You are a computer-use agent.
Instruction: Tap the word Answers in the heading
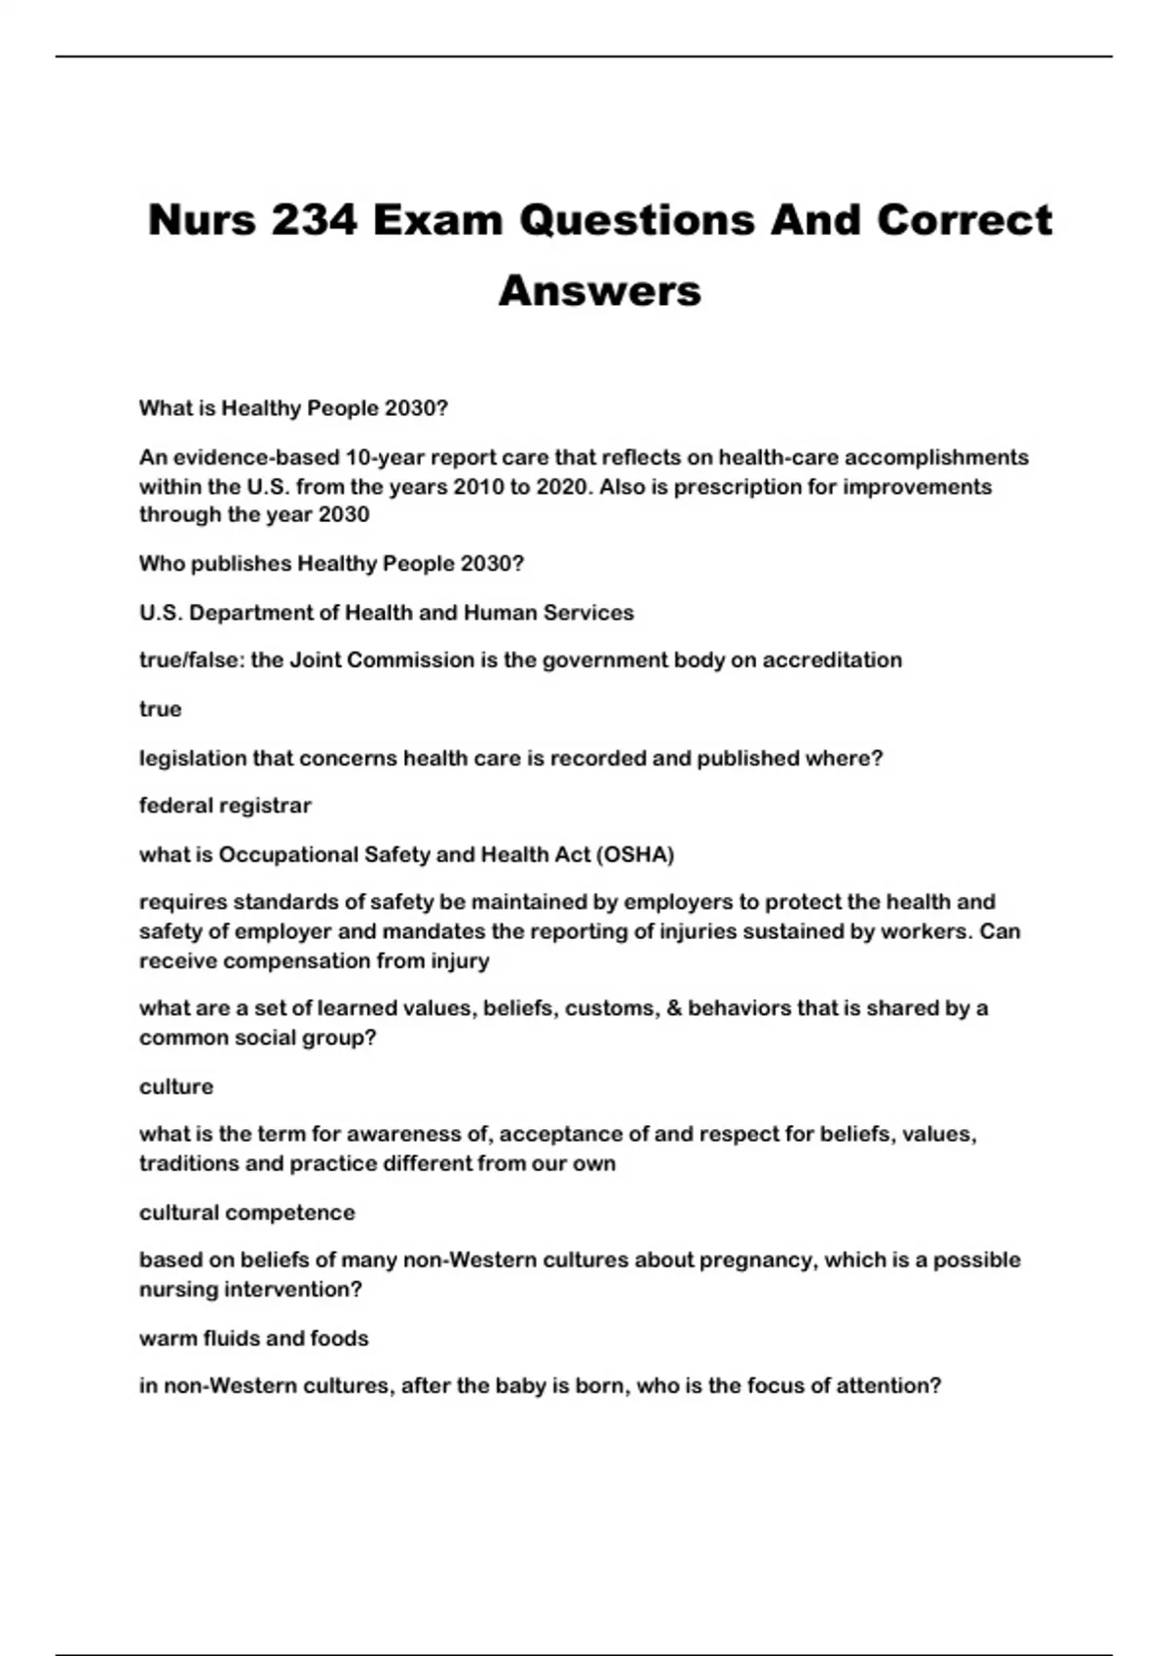click(600, 290)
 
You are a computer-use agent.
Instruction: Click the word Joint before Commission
click(316, 659)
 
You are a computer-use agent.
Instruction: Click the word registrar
click(266, 806)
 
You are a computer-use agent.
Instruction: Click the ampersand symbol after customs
click(674, 1008)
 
